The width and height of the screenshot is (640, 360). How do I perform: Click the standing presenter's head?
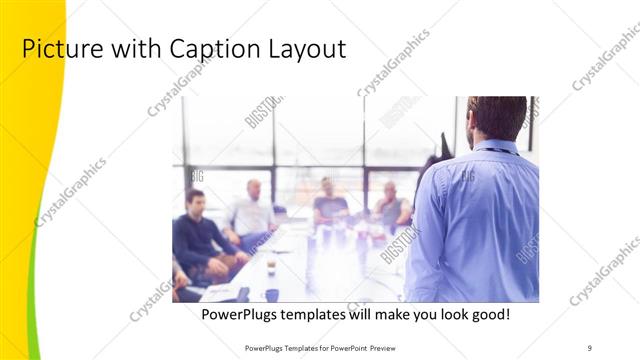point(497,117)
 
